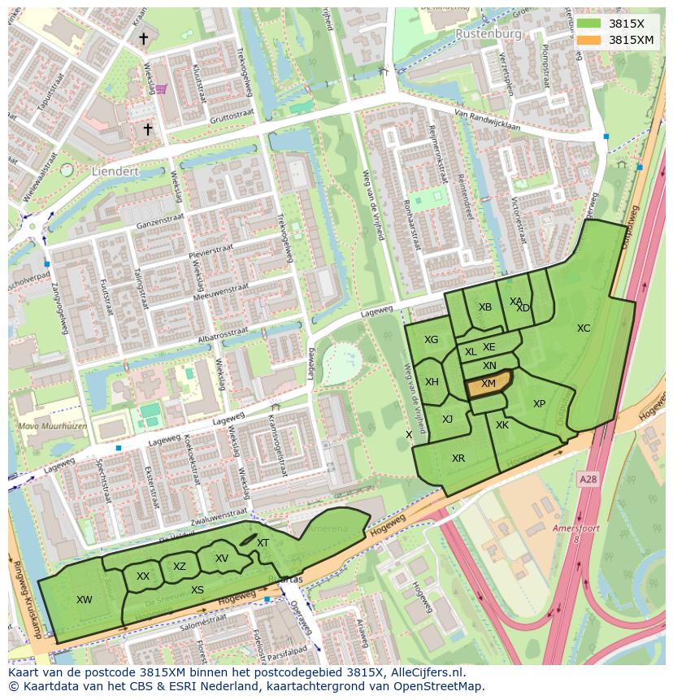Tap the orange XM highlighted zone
pos(488,384)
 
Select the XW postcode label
pos(84,600)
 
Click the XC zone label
pos(584,328)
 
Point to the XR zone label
pos(458,459)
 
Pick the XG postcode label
pos(431,340)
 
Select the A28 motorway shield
pos(588,480)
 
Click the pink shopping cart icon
pos(161,89)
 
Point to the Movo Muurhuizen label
pos(46,425)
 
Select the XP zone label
pos(539,404)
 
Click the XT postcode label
pos(263,543)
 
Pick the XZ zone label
pos(180,567)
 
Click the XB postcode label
pos(485,307)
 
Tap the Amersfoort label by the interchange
pos(575,528)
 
